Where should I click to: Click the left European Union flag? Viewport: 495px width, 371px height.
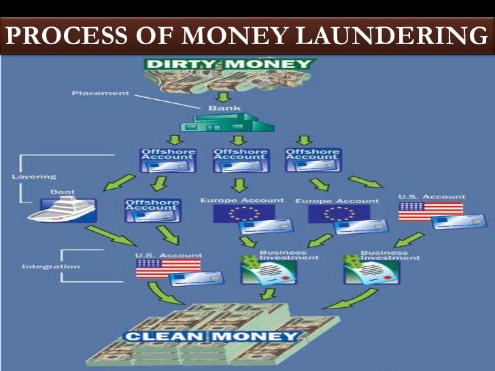[235, 213]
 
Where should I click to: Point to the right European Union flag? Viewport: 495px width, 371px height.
[330, 213]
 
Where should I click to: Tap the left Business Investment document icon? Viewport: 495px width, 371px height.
[260, 272]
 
